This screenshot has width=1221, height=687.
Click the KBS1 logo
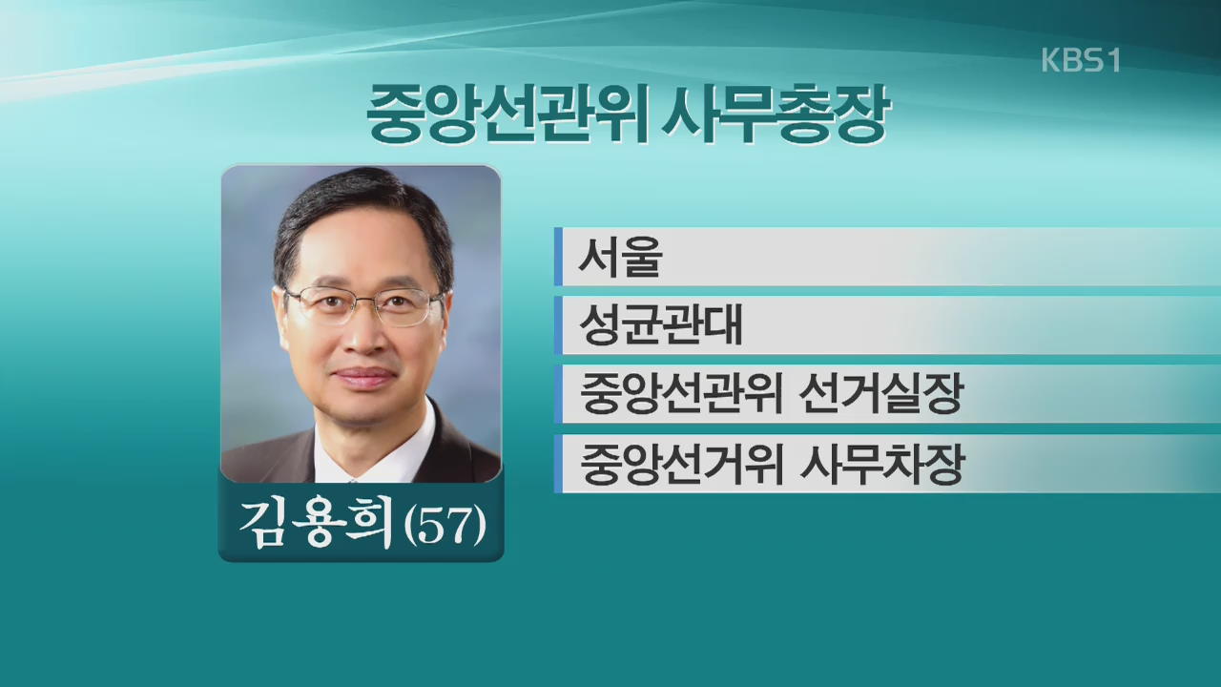click(x=1081, y=60)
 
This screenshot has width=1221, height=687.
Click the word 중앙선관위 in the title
click(x=506, y=114)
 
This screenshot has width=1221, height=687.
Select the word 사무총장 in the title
click(x=776, y=114)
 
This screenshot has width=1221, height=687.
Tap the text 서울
click(x=620, y=257)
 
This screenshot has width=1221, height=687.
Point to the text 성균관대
click(x=661, y=325)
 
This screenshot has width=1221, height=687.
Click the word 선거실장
click(x=880, y=394)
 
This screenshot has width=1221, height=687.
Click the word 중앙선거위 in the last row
click(x=680, y=464)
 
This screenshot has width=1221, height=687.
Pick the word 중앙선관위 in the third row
click(x=680, y=394)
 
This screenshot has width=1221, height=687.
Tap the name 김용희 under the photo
click(x=316, y=525)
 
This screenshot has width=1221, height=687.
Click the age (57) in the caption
click(x=445, y=526)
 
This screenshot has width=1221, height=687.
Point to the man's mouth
click(x=364, y=376)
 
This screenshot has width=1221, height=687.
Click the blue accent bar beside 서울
click(x=558, y=257)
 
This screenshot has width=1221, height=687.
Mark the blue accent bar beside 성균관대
click(x=558, y=325)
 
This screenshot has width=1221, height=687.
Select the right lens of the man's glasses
click(x=406, y=308)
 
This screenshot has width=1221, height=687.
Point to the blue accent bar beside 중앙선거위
click(x=558, y=464)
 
